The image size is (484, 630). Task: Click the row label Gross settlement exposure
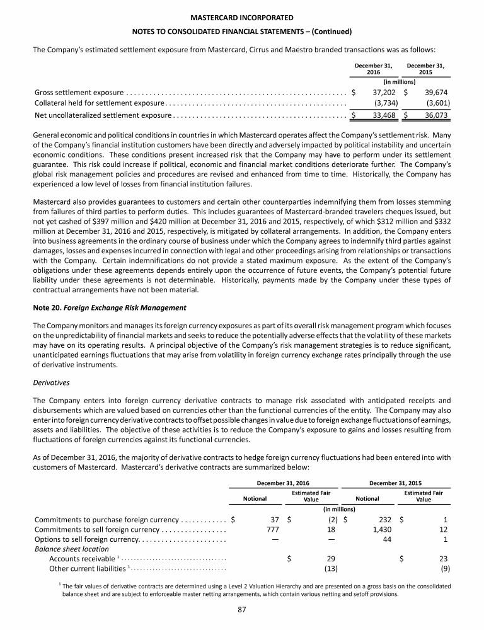79,93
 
